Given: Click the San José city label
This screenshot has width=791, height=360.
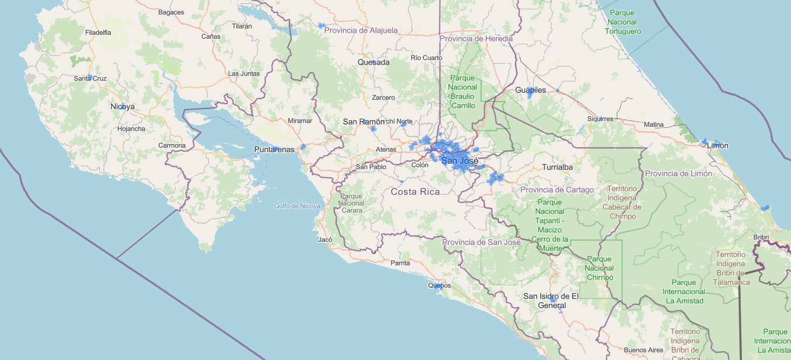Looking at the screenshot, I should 460,160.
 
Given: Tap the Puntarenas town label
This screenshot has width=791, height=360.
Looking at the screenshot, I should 275,150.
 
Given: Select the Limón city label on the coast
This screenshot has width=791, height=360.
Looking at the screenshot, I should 717,146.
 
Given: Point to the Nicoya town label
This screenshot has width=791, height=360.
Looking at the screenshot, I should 122,107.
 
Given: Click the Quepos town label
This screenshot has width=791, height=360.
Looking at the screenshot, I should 439,286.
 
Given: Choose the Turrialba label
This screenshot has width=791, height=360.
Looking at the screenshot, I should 557,167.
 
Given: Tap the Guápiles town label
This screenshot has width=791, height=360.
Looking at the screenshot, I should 530,90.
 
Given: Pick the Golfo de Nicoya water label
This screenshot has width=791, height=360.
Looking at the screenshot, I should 297,206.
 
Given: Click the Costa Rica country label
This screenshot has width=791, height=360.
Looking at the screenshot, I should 415,192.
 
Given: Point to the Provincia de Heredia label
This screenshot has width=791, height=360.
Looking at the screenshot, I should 476,39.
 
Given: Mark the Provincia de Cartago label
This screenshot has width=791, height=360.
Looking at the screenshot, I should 557,190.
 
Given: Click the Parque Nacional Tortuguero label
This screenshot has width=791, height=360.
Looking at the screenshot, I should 622,22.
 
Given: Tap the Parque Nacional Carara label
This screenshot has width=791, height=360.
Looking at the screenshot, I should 352,203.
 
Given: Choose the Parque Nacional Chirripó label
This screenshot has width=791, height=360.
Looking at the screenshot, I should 599,268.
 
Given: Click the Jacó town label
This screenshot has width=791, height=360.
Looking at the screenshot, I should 325,240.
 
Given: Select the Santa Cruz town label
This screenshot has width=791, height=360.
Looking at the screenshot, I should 90,78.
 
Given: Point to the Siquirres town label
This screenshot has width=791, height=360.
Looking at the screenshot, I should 601,119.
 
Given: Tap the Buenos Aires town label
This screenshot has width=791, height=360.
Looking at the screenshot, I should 643,350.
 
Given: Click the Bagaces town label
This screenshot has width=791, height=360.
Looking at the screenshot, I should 171,12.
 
